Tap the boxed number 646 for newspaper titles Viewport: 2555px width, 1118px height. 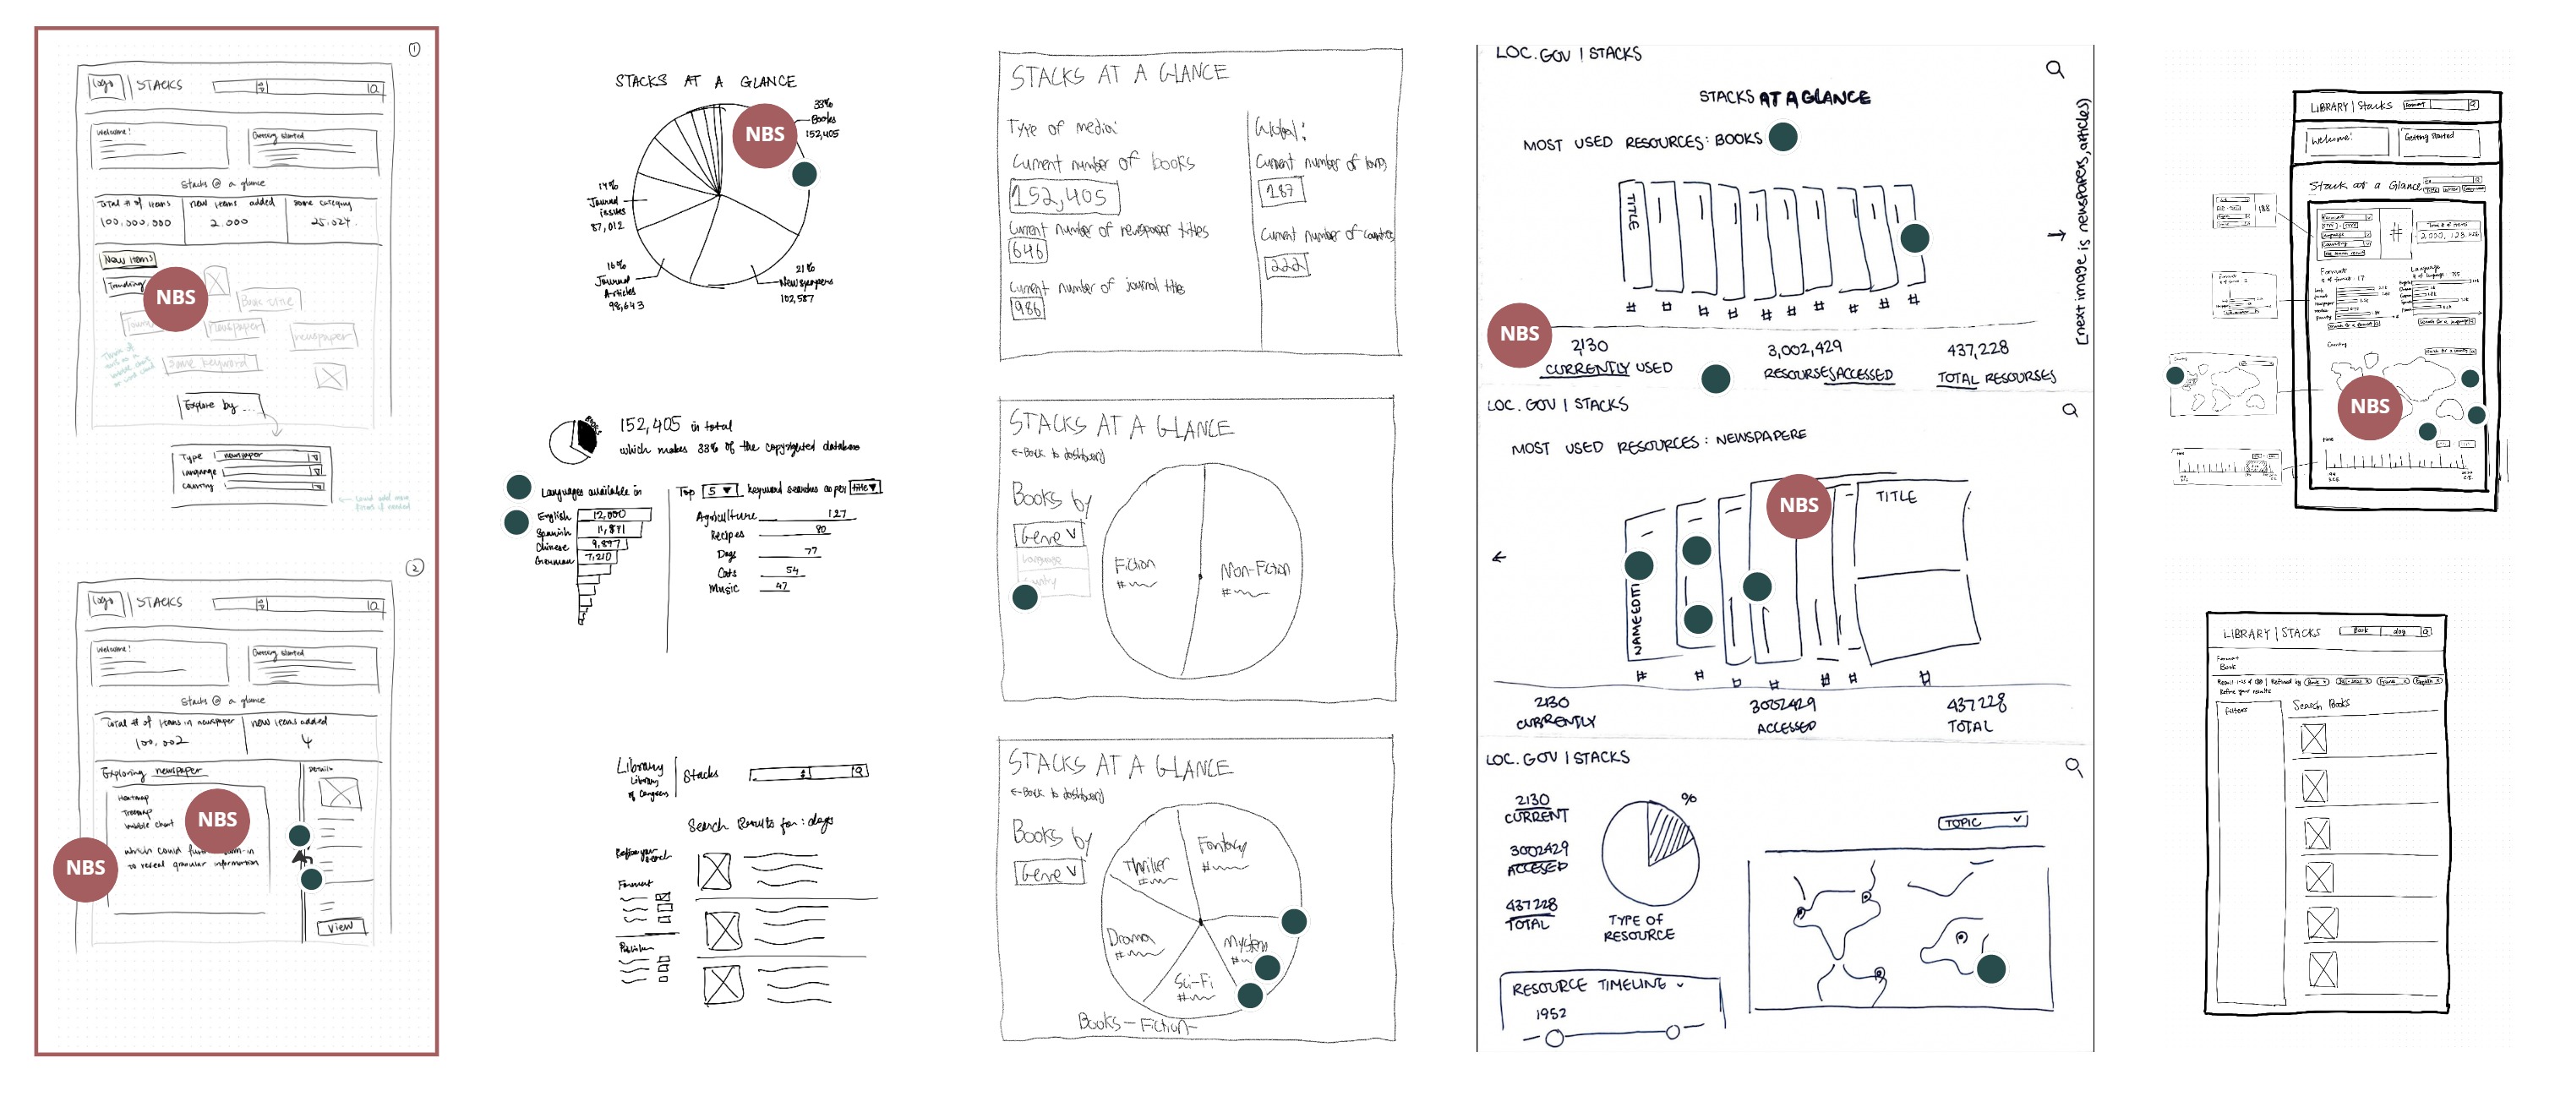tap(1028, 251)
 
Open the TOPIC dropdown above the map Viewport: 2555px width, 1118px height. tap(1982, 821)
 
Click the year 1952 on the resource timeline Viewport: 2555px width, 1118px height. tap(1550, 1014)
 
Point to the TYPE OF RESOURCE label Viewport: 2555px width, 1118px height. tap(1637, 928)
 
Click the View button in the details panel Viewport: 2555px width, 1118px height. tap(341, 926)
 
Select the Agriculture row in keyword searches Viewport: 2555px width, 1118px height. tap(726, 515)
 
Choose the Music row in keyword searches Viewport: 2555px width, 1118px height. tap(724, 588)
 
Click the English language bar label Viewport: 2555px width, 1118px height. tap(554, 515)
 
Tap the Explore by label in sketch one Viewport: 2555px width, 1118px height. tap(210, 405)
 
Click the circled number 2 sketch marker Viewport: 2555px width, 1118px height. tap(415, 567)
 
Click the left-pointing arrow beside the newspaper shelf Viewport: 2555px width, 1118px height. tap(1499, 558)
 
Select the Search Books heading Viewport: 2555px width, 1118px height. tap(2320, 704)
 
